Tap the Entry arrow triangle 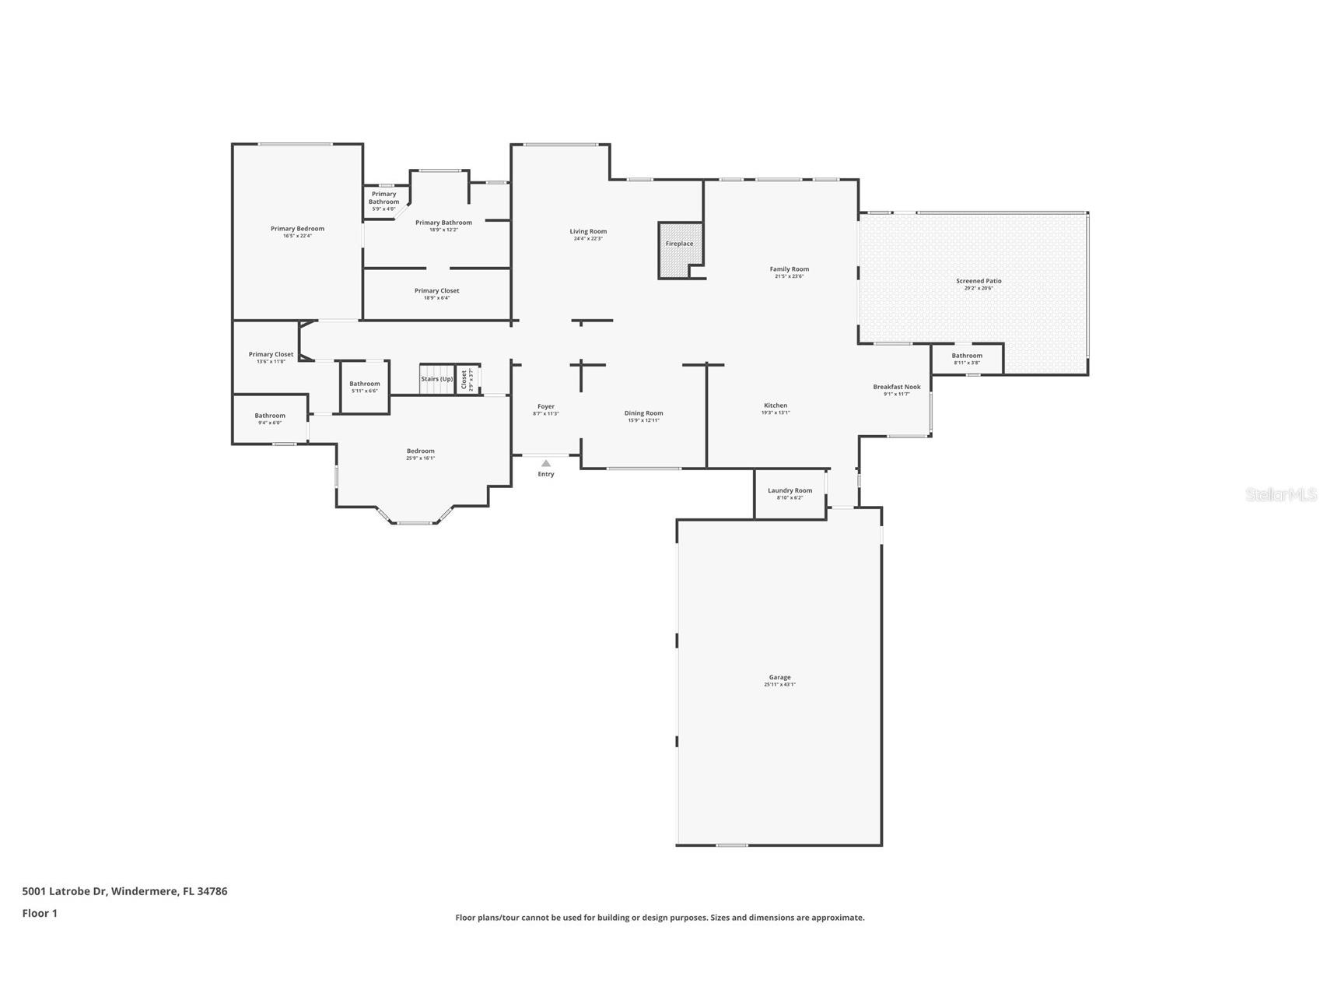[x=546, y=463]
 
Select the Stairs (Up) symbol [x=436, y=378]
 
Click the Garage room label [x=779, y=678]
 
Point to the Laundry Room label [x=790, y=490]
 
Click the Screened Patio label [x=979, y=281]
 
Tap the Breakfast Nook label [x=896, y=387]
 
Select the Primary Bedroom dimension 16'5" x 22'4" [x=297, y=236]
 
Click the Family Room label [x=789, y=269]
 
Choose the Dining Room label [x=643, y=413]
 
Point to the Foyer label [x=546, y=406]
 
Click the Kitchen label [x=775, y=405]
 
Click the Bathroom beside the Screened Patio [x=967, y=358]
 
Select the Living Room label [x=587, y=231]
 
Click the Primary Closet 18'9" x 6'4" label [x=436, y=291]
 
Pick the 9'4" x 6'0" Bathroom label [x=270, y=418]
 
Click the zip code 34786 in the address [x=212, y=891]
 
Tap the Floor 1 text [x=40, y=913]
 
